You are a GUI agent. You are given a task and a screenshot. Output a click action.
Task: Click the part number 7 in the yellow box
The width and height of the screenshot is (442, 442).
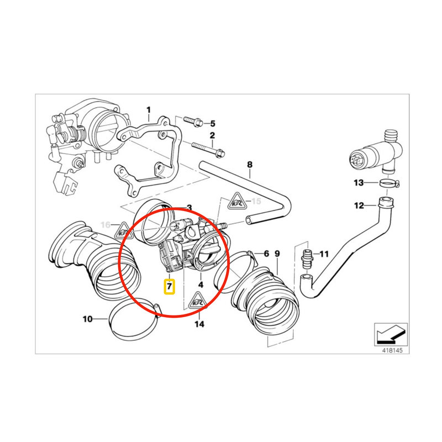(x=170, y=286)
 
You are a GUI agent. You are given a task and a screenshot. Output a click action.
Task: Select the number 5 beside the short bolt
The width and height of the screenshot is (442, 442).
(x=212, y=123)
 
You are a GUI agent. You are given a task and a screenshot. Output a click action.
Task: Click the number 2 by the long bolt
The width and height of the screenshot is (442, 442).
(x=212, y=135)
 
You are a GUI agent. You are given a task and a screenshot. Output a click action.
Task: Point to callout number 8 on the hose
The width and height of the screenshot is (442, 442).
(x=250, y=164)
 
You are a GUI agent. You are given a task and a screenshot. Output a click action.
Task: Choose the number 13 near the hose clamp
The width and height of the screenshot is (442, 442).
(x=359, y=183)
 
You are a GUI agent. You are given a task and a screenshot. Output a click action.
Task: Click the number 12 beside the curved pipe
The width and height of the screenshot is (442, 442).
(x=359, y=206)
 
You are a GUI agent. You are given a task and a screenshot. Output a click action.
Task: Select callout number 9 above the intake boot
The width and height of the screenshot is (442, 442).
(x=277, y=254)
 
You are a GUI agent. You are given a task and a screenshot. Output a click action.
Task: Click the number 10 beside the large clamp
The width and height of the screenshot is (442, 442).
(x=88, y=319)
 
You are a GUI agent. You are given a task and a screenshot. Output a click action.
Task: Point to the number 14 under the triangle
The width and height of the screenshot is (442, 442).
(x=199, y=324)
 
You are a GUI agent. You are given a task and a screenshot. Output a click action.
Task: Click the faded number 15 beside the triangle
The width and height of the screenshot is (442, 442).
(x=255, y=201)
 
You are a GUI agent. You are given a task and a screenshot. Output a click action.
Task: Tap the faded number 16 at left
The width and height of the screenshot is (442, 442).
(x=106, y=225)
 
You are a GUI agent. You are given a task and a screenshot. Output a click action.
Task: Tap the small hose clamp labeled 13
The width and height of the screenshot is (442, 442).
(x=390, y=183)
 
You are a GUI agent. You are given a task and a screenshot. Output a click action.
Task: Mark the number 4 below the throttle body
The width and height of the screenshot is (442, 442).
(x=201, y=285)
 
